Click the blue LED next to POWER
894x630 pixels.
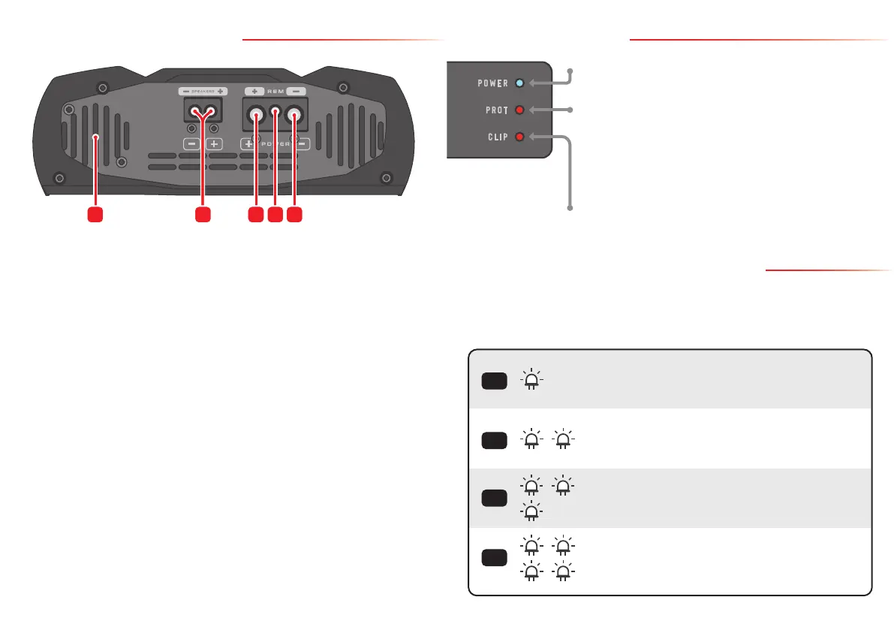point(520,83)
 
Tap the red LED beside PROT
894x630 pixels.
point(520,110)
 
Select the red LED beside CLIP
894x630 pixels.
point(520,137)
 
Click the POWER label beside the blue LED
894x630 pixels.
point(493,83)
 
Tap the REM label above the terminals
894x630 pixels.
point(275,90)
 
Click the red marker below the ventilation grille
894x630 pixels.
point(94,214)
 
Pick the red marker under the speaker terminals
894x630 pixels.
point(201,214)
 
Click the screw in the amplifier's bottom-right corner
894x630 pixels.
point(386,178)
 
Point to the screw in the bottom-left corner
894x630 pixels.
point(60,179)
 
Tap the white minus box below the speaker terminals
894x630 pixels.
point(191,143)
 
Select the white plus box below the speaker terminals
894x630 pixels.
point(213,143)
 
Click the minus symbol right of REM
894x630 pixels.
point(296,90)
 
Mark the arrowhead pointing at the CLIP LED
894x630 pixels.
point(532,137)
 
